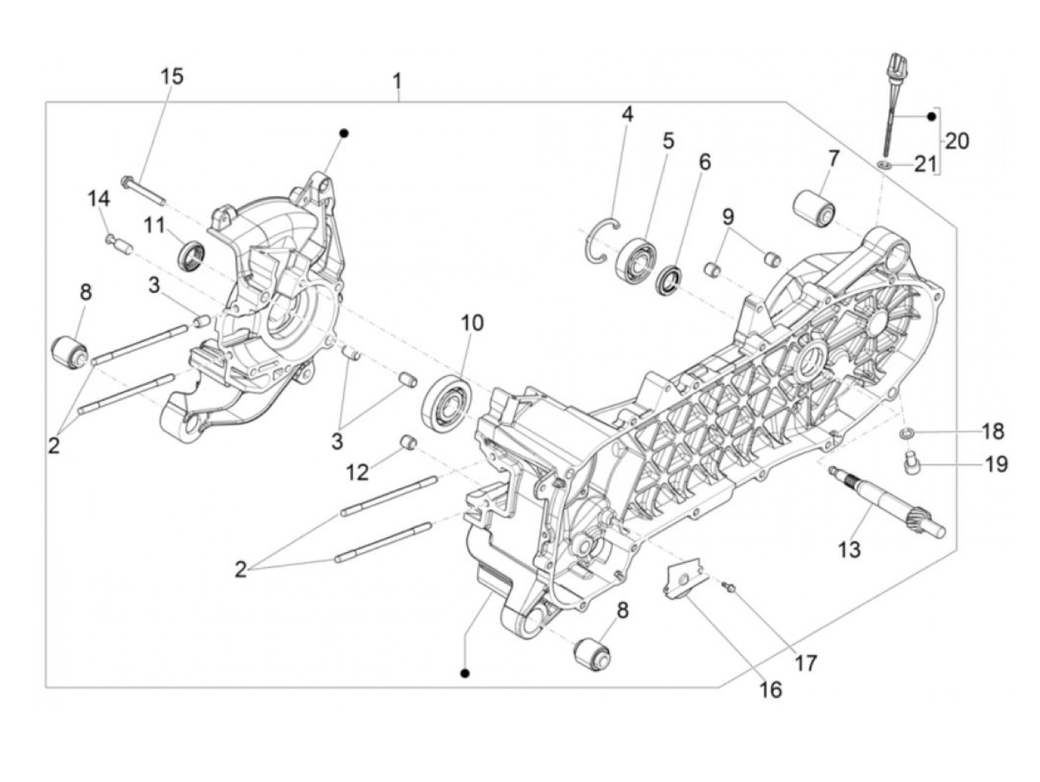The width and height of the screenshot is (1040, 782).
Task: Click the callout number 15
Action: point(171,76)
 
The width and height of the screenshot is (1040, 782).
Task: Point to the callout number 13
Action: point(849,549)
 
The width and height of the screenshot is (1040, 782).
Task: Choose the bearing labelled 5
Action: point(635,257)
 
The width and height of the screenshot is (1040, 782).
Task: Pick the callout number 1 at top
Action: point(398,80)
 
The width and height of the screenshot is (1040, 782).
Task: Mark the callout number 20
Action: point(957,140)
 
